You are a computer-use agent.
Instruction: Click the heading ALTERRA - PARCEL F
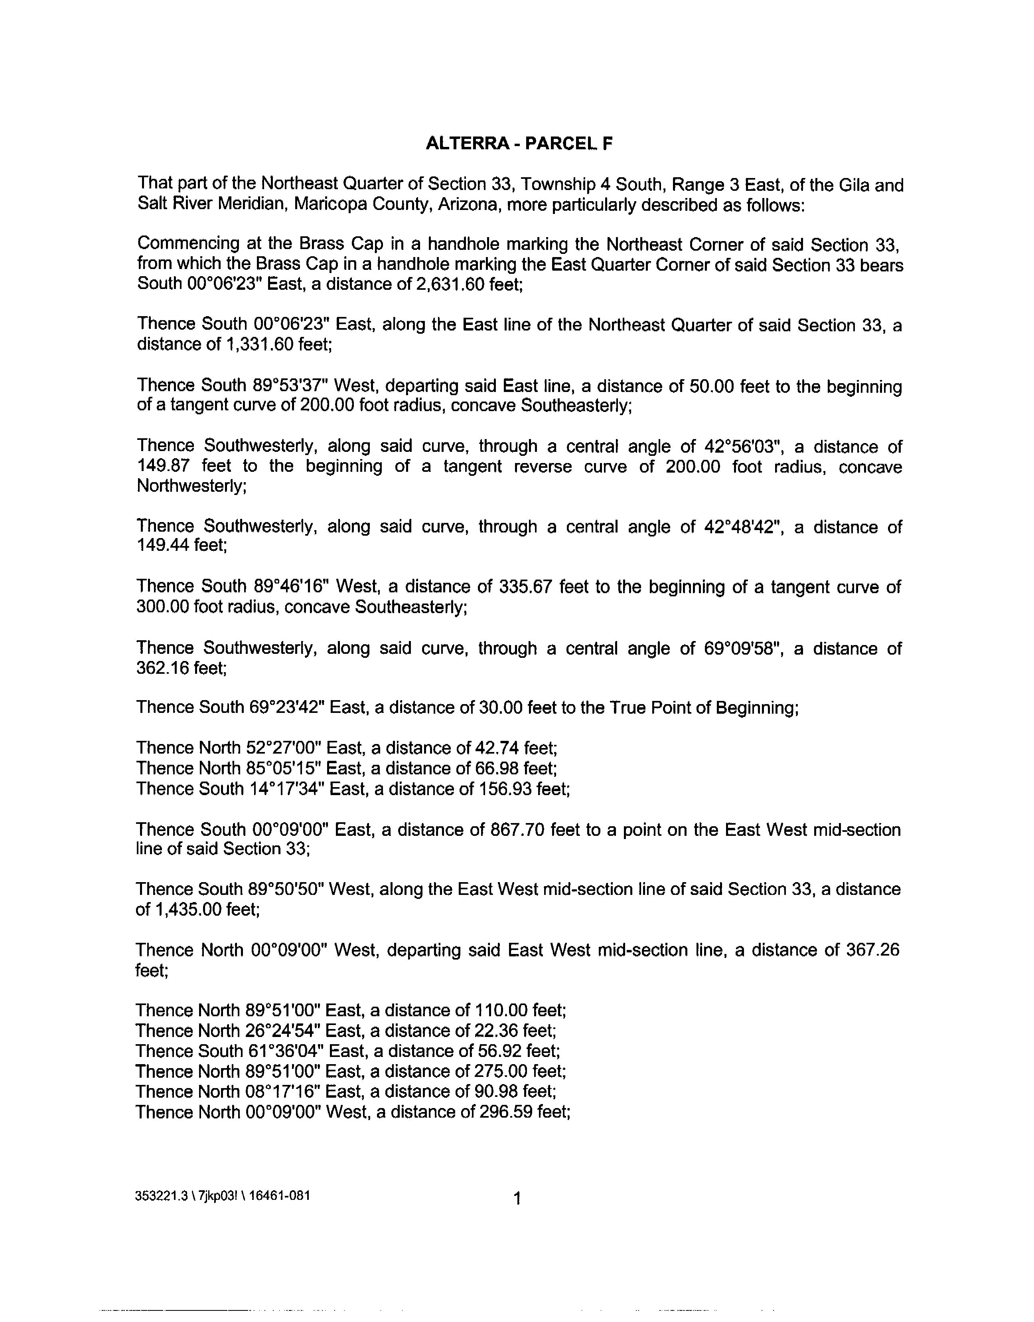pos(519,144)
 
